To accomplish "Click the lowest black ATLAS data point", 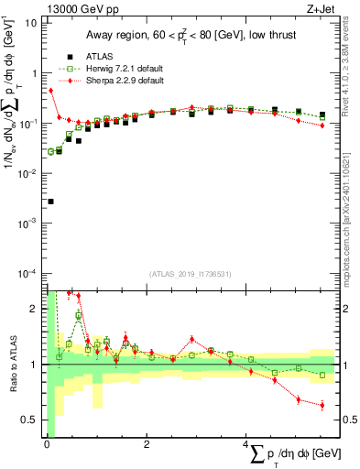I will point(50,202).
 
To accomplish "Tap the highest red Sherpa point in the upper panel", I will point(50,91).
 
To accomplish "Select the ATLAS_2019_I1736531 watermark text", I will point(191,273).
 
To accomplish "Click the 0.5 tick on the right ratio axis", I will point(349,420).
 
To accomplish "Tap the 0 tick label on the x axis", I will point(47,445).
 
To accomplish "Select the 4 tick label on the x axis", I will point(246,445).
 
